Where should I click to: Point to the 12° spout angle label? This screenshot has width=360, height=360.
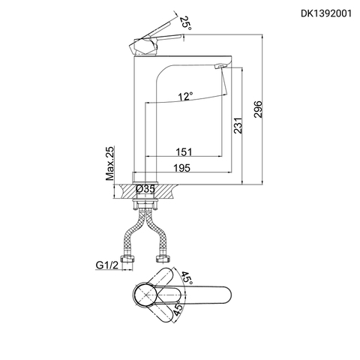185,96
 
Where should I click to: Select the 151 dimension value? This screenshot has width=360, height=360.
184,151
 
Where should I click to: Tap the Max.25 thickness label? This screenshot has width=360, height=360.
111,164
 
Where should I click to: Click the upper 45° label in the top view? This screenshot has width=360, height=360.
185,278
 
